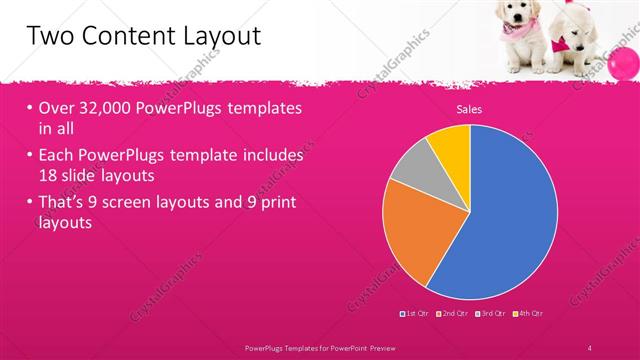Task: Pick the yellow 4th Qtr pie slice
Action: coord(451,144)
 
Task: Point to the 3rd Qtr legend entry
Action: coord(491,313)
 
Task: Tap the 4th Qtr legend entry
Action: coord(529,313)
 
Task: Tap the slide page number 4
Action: coord(590,346)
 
